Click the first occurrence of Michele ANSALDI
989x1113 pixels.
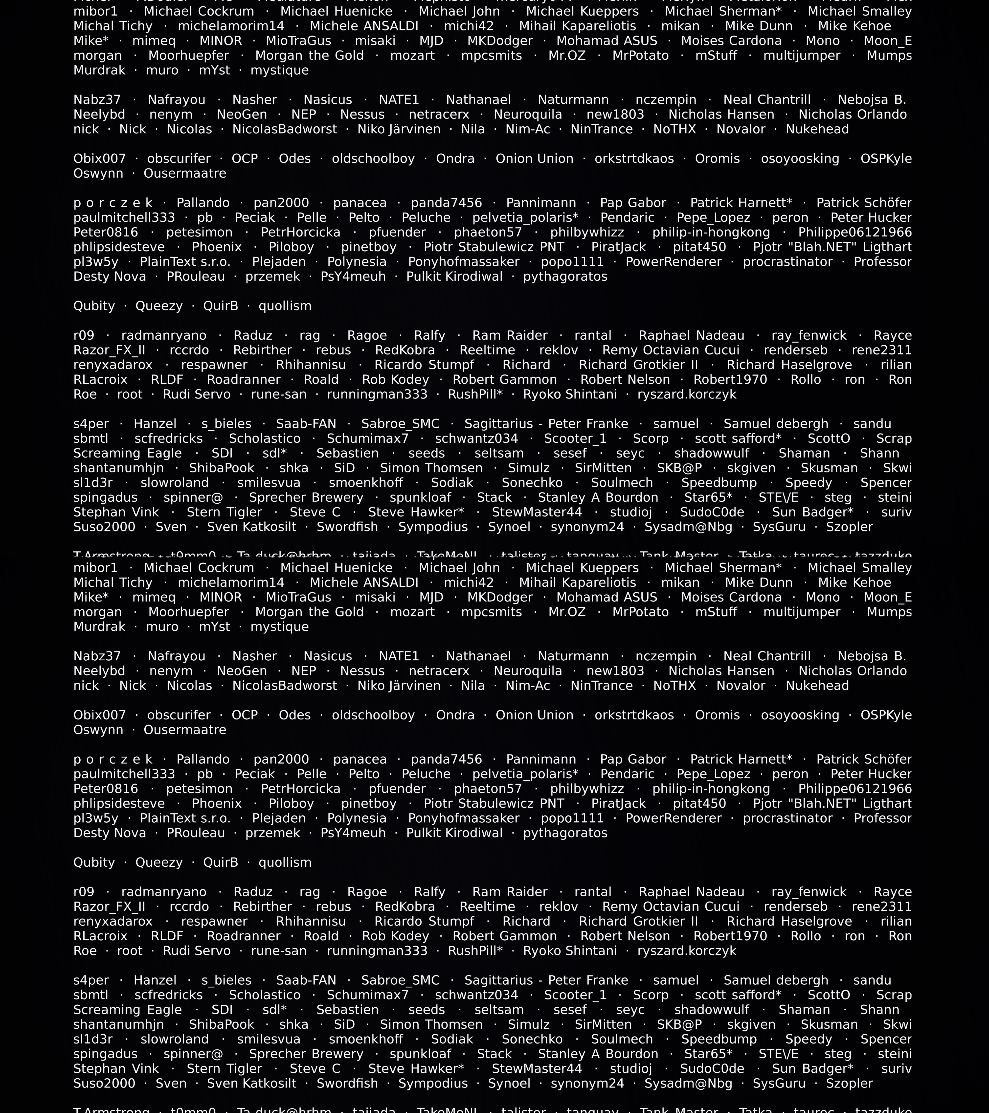(x=364, y=26)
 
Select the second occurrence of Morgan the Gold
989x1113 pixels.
(x=309, y=612)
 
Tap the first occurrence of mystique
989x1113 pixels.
(x=279, y=70)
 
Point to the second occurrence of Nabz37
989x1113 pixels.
(x=97, y=656)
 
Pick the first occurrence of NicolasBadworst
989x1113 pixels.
(x=285, y=129)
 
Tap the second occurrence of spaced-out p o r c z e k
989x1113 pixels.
(x=113, y=759)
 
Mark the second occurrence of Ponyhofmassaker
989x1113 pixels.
(x=464, y=818)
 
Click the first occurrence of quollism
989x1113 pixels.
(x=285, y=306)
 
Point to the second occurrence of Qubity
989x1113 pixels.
(x=94, y=862)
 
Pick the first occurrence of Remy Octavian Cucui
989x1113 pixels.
(x=671, y=350)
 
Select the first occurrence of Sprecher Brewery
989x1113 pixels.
(x=306, y=497)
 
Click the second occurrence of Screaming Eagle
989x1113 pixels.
(x=127, y=1010)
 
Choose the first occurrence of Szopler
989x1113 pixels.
(x=849, y=527)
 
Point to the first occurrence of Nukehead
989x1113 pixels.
(x=817, y=129)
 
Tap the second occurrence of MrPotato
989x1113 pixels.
(x=640, y=612)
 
